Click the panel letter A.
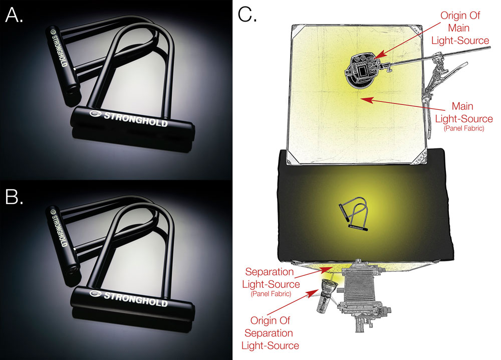14,16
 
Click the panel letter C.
247,15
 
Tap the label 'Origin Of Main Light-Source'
460,28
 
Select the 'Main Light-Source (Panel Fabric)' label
463,116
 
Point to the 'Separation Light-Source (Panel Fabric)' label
271,282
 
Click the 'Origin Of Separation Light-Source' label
270,333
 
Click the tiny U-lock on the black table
354,214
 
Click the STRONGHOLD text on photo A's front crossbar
135,119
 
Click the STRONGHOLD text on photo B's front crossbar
135,299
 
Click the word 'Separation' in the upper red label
269,272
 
